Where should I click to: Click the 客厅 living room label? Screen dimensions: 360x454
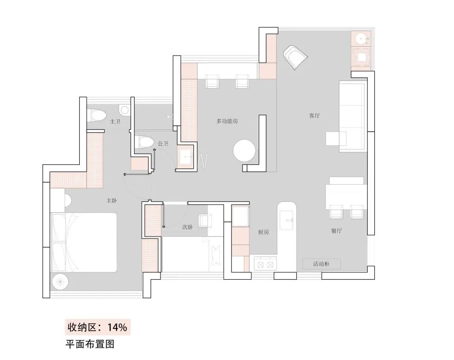point(314,116)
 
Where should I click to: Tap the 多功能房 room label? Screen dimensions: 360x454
point(227,121)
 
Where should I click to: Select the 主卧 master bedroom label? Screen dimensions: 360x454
point(111,201)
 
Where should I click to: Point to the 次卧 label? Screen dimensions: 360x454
point(187,227)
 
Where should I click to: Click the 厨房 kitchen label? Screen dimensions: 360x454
point(263,232)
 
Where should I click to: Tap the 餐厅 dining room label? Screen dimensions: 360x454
point(336,231)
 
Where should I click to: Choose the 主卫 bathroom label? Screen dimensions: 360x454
point(115,122)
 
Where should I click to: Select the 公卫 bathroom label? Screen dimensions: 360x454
point(163,144)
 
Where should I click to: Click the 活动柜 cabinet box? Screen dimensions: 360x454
point(321,264)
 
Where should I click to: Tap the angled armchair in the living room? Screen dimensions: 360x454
point(295,57)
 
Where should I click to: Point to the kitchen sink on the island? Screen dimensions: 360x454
point(288,219)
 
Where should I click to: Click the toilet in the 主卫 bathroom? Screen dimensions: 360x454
point(97,115)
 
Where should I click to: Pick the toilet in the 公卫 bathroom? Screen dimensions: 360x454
point(144,142)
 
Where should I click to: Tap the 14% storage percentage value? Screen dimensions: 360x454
point(117,327)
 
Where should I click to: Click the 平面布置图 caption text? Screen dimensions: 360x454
point(90,344)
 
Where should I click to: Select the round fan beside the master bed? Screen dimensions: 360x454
point(61,281)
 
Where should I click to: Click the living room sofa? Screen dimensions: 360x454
point(354,116)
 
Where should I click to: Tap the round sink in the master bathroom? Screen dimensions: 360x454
point(124,110)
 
